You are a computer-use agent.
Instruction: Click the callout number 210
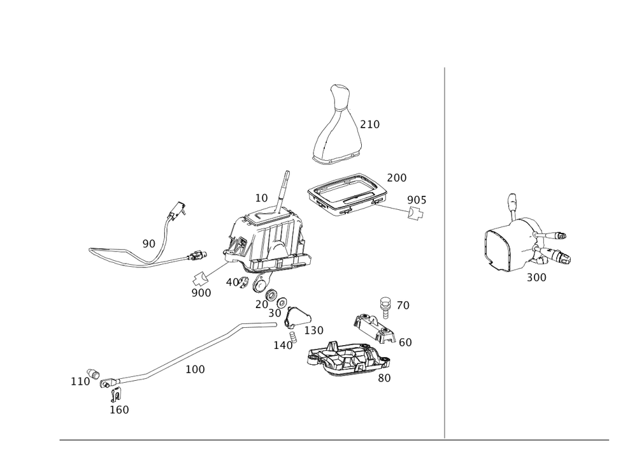tap(370, 124)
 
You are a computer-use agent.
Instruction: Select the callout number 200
tap(397, 177)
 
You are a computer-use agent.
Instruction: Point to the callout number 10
tap(261, 198)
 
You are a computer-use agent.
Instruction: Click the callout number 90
tap(148, 244)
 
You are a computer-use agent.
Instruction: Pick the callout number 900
tap(201, 292)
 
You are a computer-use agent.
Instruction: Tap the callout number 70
tap(403, 306)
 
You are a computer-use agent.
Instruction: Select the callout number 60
tap(405, 343)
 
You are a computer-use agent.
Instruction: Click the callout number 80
tap(384, 378)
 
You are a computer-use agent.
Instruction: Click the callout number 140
tap(282, 345)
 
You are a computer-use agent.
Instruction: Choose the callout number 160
tap(120, 410)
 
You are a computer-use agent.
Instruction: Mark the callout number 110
tap(80, 381)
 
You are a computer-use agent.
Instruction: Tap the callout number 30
tap(275, 314)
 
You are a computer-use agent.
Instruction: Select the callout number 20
tap(261, 305)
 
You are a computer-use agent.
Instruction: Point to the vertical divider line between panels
tap(444, 255)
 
